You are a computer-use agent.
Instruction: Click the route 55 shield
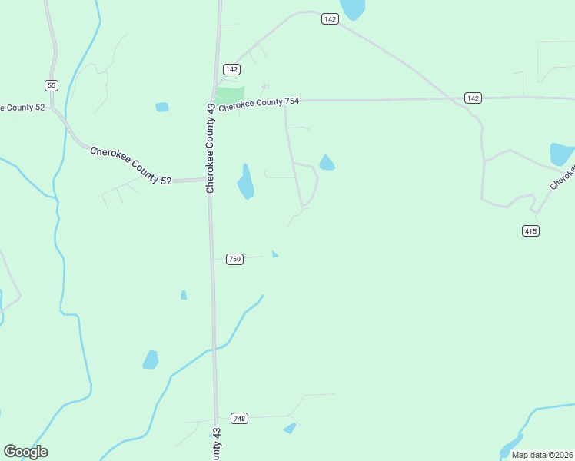tap(52, 85)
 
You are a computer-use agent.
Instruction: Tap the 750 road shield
tap(234, 259)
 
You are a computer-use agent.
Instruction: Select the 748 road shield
tap(239, 418)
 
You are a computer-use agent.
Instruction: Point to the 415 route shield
tap(530, 230)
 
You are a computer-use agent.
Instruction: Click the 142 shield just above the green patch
tap(231, 69)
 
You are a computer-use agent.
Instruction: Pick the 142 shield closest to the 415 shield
tap(473, 98)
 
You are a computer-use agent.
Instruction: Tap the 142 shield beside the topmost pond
tap(330, 19)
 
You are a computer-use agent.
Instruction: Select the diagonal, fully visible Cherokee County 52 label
tap(131, 165)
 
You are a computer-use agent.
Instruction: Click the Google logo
tap(25, 452)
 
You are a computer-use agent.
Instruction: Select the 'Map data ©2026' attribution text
tap(540, 455)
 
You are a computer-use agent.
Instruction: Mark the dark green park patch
tap(229, 96)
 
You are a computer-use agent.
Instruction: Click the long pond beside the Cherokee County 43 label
tap(245, 182)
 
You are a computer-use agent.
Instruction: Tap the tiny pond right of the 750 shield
tap(274, 254)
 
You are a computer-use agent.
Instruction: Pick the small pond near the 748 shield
tap(290, 428)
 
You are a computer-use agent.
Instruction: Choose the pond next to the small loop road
tap(327, 163)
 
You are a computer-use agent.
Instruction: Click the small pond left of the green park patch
tap(161, 107)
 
